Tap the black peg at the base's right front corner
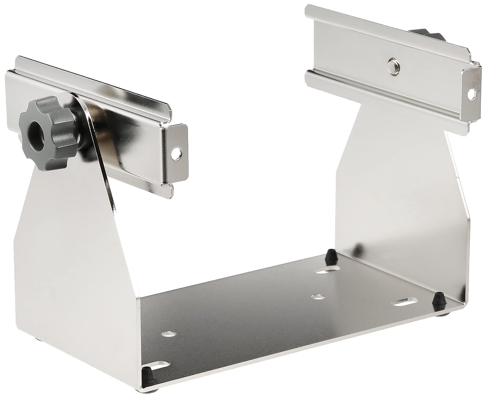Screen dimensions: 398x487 coord(439,296)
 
